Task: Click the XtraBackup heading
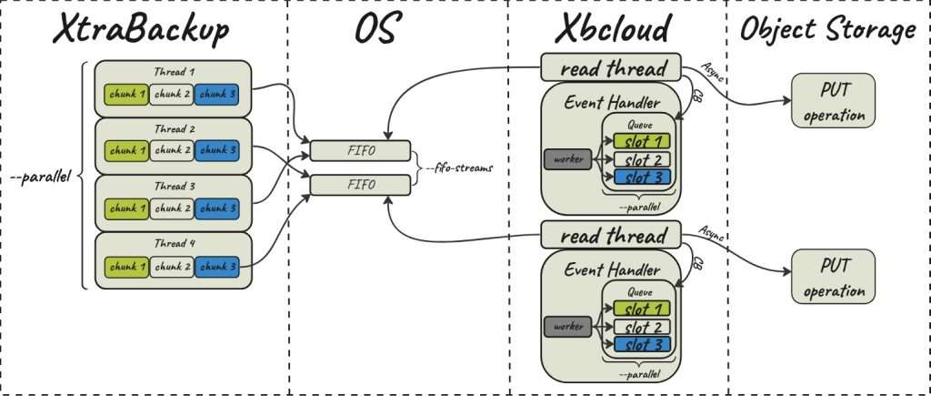coord(142,30)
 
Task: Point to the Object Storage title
coord(827,30)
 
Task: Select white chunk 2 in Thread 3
coord(172,208)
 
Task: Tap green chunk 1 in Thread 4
coord(125,266)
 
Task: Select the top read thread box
coord(611,68)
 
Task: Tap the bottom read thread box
coord(611,236)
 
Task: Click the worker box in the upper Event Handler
coord(566,159)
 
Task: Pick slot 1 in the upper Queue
coord(642,140)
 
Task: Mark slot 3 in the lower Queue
coord(642,343)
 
